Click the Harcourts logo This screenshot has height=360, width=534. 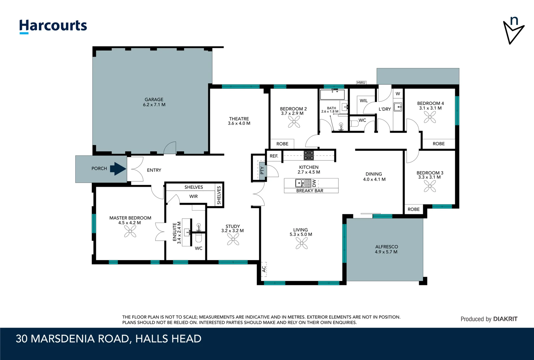click(x=53, y=26)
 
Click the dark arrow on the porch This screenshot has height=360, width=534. click(x=118, y=169)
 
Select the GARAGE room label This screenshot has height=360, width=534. click(x=154, y=99)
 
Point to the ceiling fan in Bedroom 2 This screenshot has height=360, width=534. click(x=294, y=122)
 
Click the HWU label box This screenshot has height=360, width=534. click(x=361, y=83)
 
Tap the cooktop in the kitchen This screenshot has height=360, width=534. click(x=308, y=155)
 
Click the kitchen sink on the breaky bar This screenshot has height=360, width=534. click(x=303, y=183)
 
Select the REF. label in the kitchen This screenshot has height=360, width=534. click(x=274, y=156)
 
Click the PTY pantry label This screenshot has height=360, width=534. click(x=262, y=170)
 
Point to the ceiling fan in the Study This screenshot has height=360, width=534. click(x=233, y=239)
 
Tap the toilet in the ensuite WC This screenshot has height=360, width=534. click(x=199, y=238)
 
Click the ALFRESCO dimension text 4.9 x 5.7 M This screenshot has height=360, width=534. click(x=386, y=252)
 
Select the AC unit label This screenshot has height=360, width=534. click(x=264, y=269)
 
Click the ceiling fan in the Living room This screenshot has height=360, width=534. click(x=301, y=243)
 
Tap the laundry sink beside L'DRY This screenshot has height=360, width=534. click(x=397, y=107)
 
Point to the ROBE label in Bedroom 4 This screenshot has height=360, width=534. click(x=438, y=144)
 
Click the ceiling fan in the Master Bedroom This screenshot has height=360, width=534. click(x=130, y=231)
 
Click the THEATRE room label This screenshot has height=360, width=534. click(x=239, y=119)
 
